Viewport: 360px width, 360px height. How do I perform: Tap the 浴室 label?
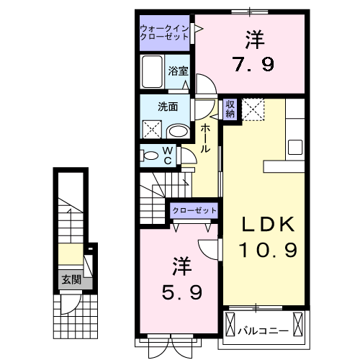tap(178, 71)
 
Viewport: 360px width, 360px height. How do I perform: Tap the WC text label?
tap(166, 156)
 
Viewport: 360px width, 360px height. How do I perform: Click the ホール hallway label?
tap(205, 137)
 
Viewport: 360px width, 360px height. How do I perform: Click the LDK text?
tap(267, 225)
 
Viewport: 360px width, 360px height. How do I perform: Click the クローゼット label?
tap(194, 210)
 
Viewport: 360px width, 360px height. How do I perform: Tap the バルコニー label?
tap(264, 331)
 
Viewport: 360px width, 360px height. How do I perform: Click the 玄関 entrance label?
tap(71, 279)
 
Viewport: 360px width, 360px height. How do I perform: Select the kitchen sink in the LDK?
tap(297, 146)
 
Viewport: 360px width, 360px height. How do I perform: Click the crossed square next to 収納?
tap(253, 109)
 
